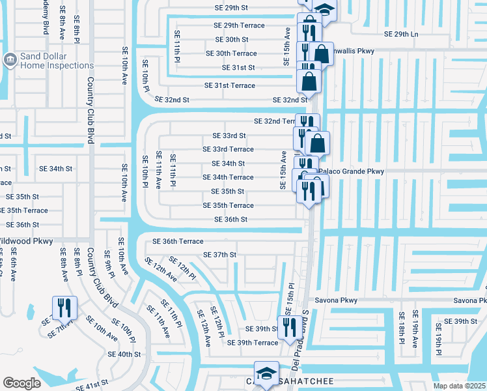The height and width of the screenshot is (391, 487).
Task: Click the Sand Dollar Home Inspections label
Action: tap(57, 61)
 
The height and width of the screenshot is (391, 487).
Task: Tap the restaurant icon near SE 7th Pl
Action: tap(64, 308)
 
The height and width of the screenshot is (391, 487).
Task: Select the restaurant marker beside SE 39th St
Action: tap(288, 327)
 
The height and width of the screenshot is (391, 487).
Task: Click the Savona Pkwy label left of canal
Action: tap(339, 300)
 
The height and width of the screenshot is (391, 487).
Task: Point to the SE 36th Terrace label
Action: tap(178, 241)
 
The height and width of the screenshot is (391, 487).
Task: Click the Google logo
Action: tap(21, 383)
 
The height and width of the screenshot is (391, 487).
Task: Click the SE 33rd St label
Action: tap(229, 136)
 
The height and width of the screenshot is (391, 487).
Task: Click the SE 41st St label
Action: tap(91, 386)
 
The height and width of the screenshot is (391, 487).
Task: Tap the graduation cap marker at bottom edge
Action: tap(266, 373)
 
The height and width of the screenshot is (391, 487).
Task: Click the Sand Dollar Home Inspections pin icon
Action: tap(10, 61)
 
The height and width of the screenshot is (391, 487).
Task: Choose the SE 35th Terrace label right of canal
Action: tap(223, 205)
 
